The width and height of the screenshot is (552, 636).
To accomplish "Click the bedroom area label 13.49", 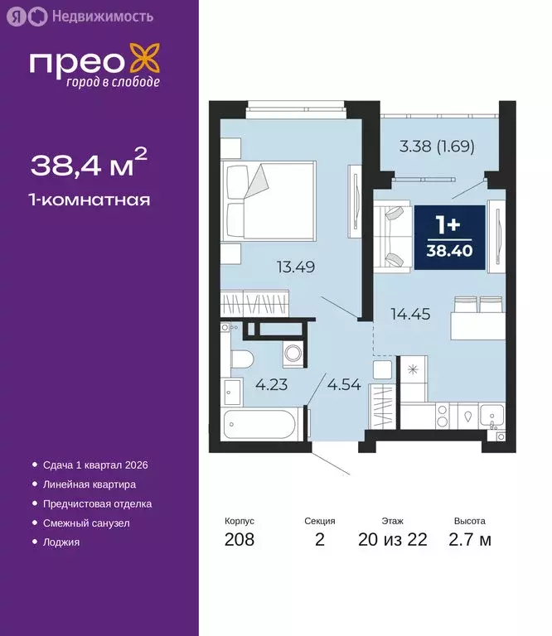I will (x=296, y=267).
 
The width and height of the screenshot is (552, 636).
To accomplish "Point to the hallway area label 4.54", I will (x=344, y=384).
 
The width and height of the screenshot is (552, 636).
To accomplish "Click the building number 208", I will (x=240, y=540).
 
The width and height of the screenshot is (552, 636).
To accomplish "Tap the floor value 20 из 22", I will (x=393, y=540).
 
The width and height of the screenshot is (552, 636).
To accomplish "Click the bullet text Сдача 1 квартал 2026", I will (x=94, y=465).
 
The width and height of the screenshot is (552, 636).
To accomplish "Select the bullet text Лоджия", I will (x=61, y=542).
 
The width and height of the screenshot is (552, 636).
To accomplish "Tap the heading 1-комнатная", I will (x=90, y=200).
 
